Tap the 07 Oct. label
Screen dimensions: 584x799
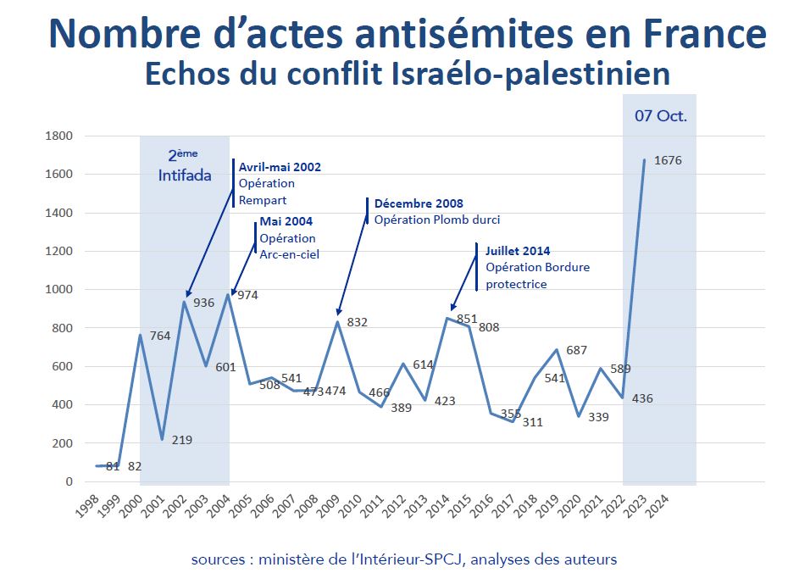point(661,116)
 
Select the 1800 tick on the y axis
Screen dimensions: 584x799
point(60,136)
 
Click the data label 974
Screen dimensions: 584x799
point(247,295)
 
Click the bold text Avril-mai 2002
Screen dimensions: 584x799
point(280,167)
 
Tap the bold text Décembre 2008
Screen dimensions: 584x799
point(419,203)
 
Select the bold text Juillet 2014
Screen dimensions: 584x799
point(518,251)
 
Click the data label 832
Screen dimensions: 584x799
point(358,321)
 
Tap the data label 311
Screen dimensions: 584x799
point(532,421)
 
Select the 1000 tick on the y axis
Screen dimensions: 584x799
point(60,290)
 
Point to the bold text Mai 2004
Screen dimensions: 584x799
point(286,222)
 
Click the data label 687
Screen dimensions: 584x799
point(577,350)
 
